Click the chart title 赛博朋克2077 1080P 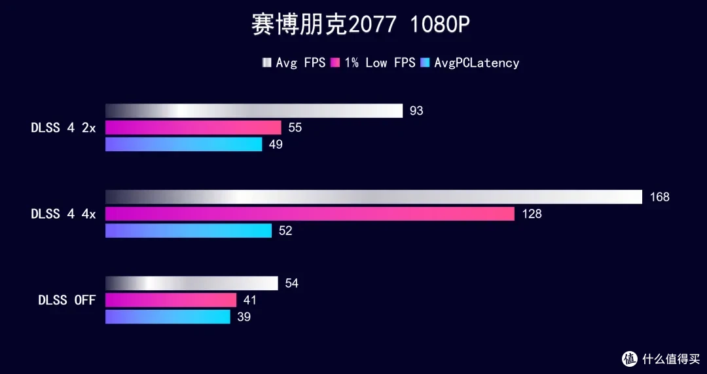360,26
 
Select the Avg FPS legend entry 293,63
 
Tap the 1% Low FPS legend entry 373,63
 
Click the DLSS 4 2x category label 63,128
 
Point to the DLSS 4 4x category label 63,214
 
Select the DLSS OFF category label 67,300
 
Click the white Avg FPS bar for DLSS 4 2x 254,111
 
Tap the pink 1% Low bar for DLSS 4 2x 193,128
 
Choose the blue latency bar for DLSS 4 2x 183,144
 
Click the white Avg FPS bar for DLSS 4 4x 374,196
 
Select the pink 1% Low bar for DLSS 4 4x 310,214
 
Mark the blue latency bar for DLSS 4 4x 189,231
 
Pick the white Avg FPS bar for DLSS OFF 192,284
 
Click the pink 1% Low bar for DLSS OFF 171,300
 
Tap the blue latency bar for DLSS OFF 168,317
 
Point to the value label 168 660,197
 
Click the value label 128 532,214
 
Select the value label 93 416,111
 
